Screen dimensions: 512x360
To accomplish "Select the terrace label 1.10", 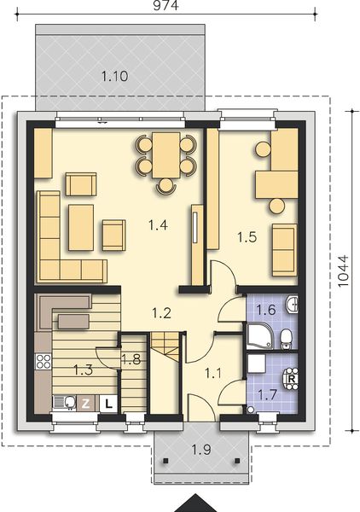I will (x=114, y=77).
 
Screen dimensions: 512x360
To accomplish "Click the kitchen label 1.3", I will (x=82, y=370).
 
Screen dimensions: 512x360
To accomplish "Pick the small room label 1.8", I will (x=131, y=360).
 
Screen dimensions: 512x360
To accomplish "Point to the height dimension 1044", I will (x=344, y=273).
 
